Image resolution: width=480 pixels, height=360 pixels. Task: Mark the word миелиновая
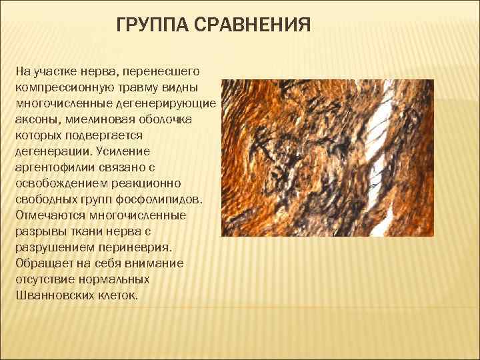coord(99,118)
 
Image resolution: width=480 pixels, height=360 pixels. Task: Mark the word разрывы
coord(38,231)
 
